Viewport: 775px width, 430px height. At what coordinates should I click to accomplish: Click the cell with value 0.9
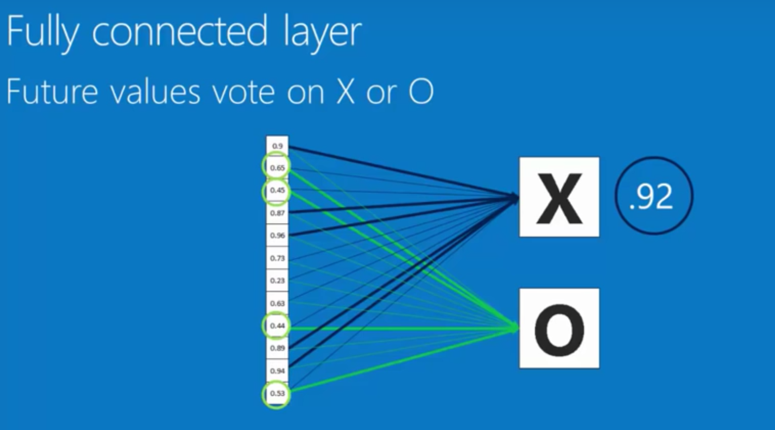pyautogui.click(x=277, y=146)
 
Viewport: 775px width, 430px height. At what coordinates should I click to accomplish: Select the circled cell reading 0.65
pyautogui.click(x=277, y=168)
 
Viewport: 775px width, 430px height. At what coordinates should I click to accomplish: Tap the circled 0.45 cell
pyautogui.click(x=277, y=190)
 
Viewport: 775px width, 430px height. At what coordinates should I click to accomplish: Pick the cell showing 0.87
pyautogui.click(x=277, y=213)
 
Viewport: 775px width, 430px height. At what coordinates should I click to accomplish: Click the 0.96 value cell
pyautogui.click(x=277, y=235)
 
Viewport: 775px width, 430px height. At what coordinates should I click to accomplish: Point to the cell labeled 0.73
pyautogui.click(x=277, y=258)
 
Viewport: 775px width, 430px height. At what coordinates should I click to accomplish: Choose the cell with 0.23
pyautogui.click(x=277, y=281)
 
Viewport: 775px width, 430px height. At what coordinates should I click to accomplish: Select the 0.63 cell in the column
pyautogui.click(x=277, y=303)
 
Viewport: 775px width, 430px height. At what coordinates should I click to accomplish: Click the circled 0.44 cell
pyautogui.click(x=277, y=326)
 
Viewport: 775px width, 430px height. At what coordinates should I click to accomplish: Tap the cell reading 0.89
pyautogui.click(x=277, y=348)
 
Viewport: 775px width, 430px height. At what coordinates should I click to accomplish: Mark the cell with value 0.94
pyautogui.click(x=277, y=370)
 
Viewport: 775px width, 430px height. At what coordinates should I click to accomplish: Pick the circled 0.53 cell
pyautogui.click(x=277, y=393)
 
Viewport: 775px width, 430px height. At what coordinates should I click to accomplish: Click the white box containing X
pyautogui.click(x=559, y=197)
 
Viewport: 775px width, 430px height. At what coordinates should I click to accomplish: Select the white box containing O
pyautogui.click(x=559, y=329)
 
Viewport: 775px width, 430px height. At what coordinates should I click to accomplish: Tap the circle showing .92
pyautogui.click(x=654, y=196)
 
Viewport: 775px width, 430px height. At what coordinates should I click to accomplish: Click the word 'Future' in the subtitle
pyautogui.click(x=52, y=92)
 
